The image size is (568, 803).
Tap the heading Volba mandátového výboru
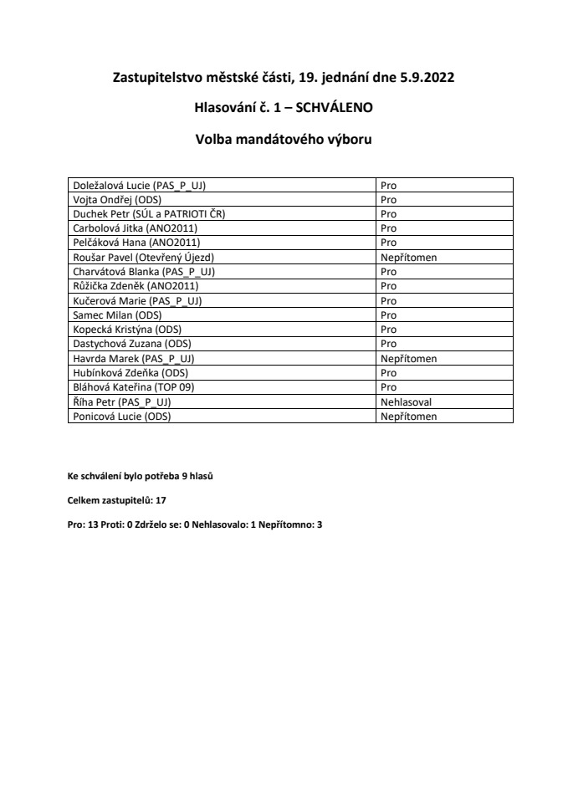point(284,139)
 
